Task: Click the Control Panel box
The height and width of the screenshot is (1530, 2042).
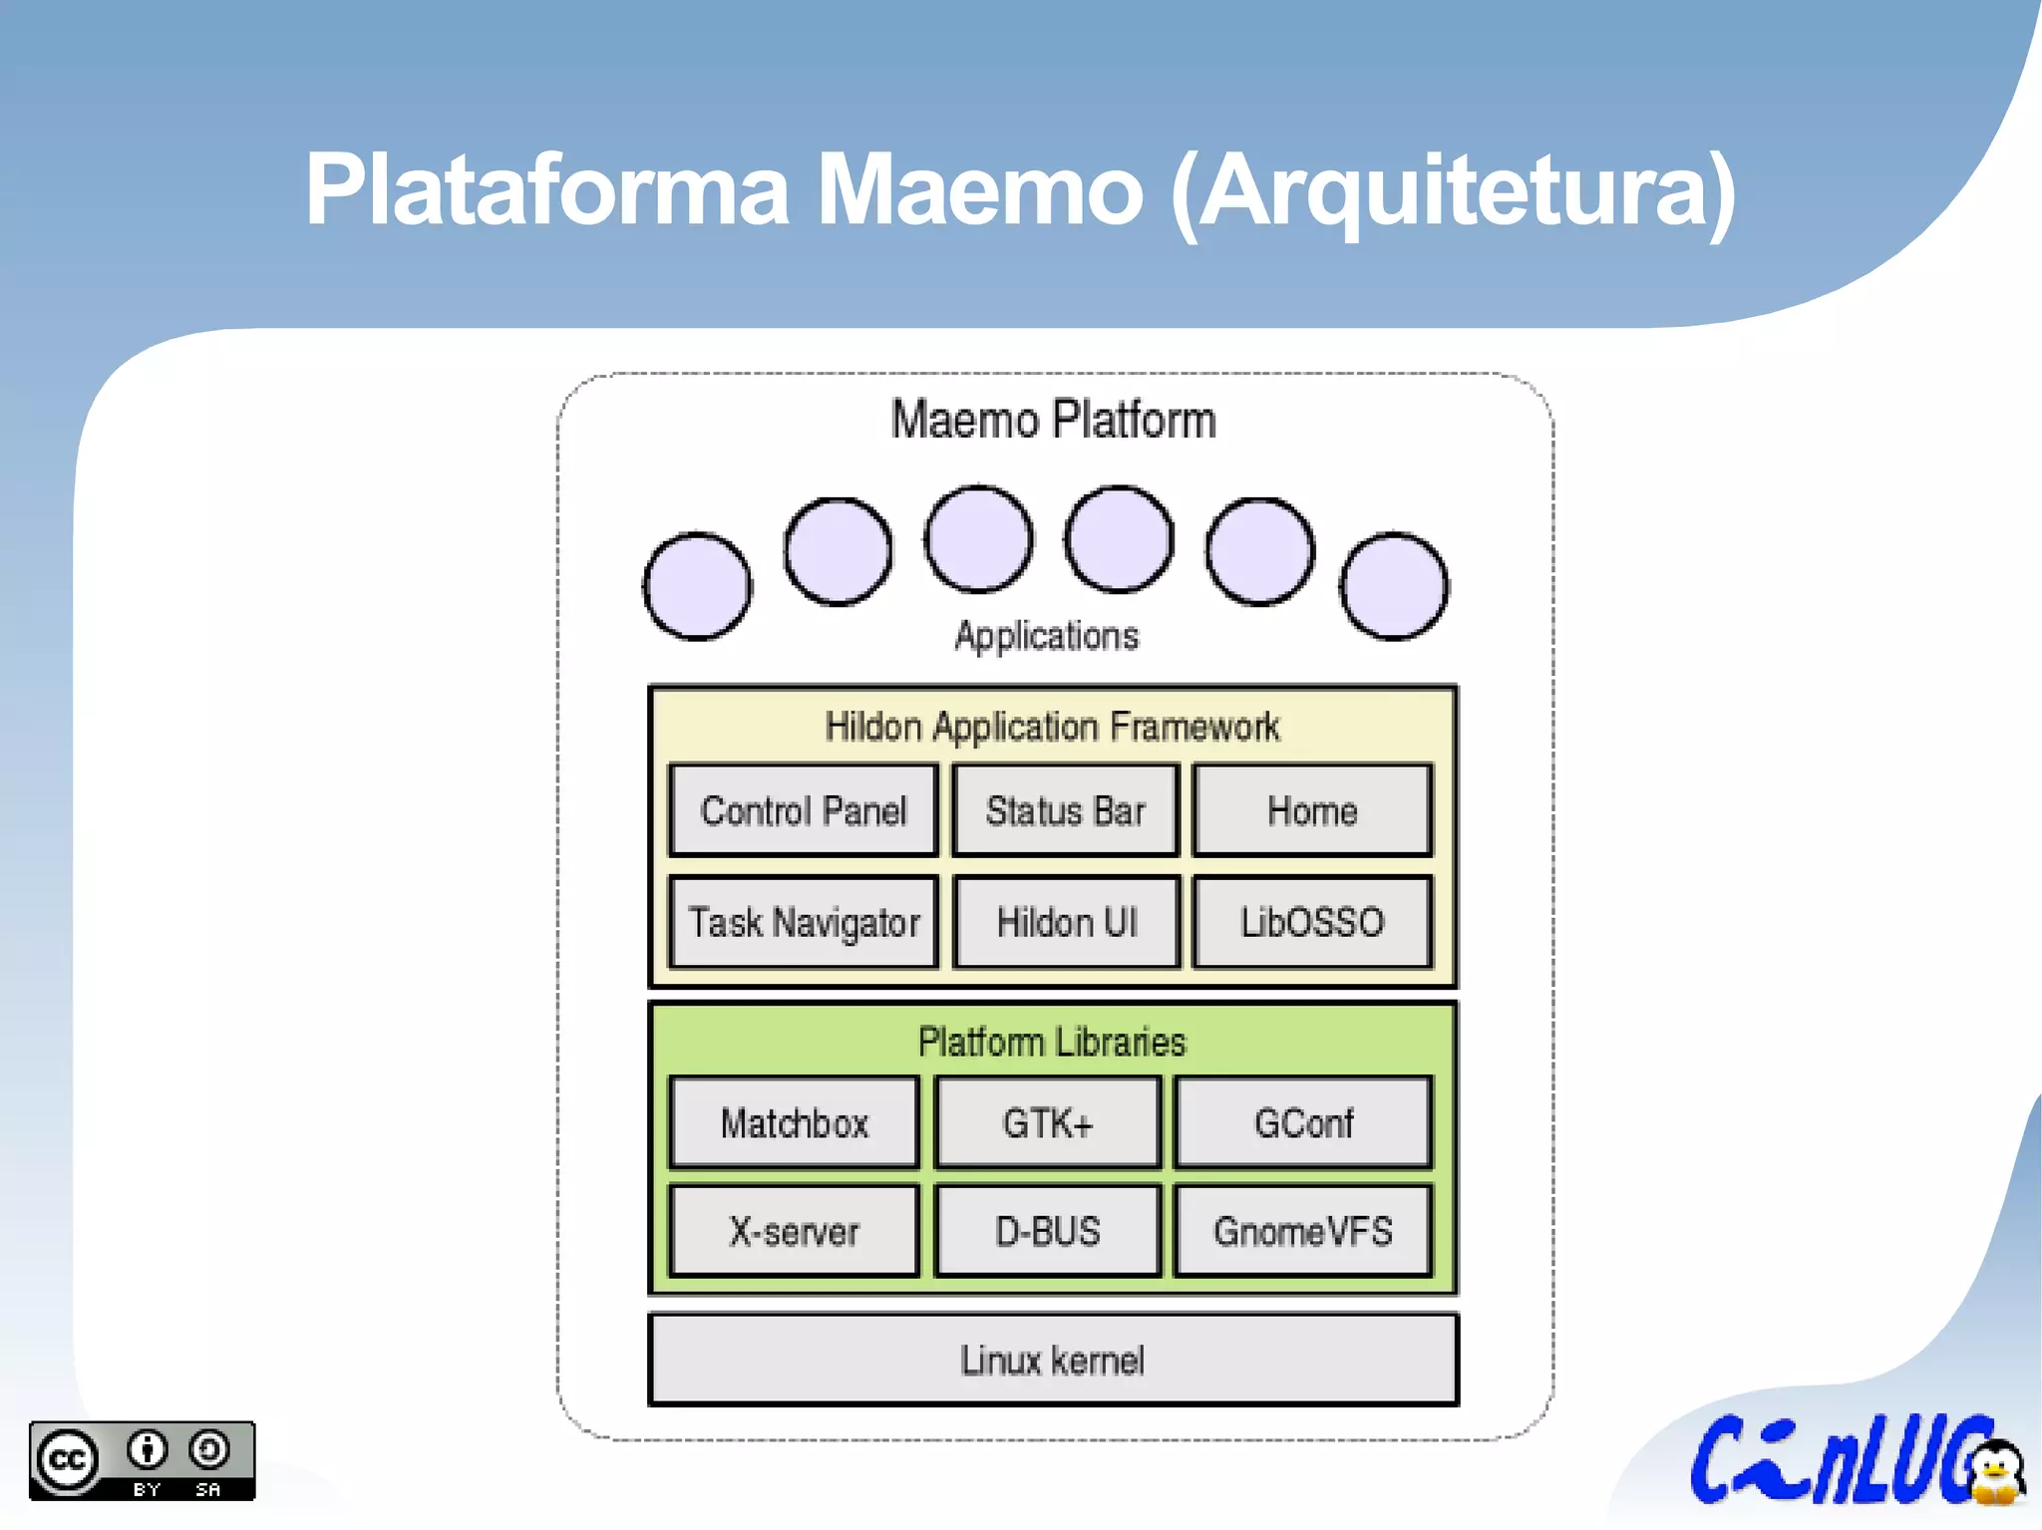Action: coord(804,810)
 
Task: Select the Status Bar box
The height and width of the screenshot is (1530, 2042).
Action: coord(1065,810)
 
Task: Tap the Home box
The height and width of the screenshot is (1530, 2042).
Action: coord(1312,810)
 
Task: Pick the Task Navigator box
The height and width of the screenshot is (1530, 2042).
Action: coord(804,922)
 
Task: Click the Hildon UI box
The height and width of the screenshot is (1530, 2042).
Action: coord(1066,922)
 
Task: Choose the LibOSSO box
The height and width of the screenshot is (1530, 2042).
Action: coord(1312,922)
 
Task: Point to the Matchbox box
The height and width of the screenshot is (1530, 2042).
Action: coord(794,1123)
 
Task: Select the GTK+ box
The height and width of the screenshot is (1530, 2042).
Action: coord(1048,1123)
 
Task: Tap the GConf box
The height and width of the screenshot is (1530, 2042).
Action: coord(1303,1123)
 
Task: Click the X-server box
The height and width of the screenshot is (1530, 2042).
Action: coord(794,1232)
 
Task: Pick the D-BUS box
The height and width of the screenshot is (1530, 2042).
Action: coord(1048,1232)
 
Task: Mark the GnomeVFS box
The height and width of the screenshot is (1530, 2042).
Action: coord(1303,1232)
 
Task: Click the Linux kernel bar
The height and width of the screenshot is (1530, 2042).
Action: coord(1053,1361)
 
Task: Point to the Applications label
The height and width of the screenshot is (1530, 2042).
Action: coord(1047,636)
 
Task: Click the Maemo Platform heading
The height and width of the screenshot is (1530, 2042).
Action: coord(1053,420)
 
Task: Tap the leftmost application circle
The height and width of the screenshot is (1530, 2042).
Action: coord(697,586)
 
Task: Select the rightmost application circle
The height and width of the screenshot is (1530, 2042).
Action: coord(1394,586)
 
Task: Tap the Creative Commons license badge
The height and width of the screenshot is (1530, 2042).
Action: coord(142,1460)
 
